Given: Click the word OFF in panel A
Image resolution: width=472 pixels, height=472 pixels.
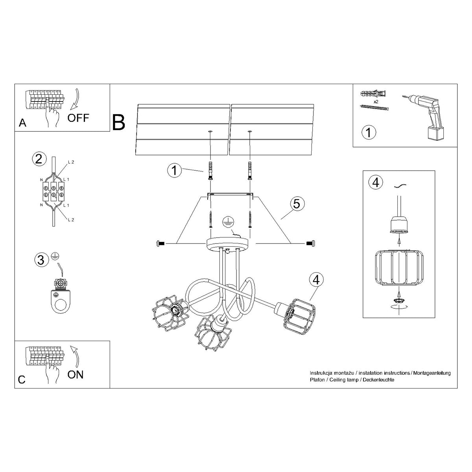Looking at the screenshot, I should tap(78, 117).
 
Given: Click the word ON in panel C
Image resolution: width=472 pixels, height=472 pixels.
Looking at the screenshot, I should tap(75, 374).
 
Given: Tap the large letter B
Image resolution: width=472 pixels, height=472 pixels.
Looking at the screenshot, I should tap(118, 122).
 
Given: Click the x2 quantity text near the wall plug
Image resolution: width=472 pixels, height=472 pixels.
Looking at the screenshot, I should tap(376, 101).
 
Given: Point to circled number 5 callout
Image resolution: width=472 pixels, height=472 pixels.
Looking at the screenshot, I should tap(297, 204).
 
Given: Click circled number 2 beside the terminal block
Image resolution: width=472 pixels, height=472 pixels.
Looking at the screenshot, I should tap(38, 159).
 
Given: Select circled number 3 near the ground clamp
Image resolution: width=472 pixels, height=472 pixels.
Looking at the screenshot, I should tap(40, 260).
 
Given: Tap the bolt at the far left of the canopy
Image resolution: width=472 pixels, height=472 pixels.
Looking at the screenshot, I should tap(160, 244).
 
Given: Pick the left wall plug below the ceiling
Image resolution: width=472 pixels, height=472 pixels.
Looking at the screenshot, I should tap(210, 170).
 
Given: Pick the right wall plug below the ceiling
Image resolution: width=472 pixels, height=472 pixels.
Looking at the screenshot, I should tap(250, 170).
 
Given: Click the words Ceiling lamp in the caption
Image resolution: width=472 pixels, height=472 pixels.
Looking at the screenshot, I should tap(345, 380).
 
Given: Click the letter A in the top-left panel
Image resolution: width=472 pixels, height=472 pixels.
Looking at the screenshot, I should tap(22, 123).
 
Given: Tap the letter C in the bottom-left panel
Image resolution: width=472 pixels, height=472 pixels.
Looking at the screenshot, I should tap(22, 380).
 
